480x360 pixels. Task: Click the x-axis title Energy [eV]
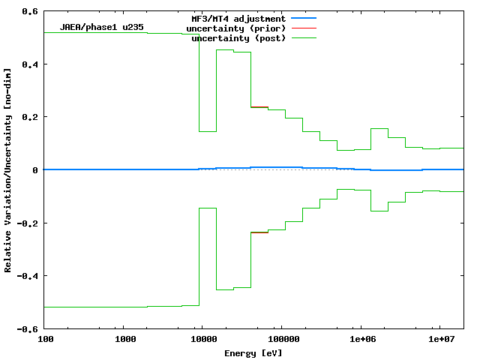coord(253,352)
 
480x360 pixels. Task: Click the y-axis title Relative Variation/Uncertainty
coord(8,170)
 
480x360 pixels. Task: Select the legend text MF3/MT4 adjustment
coord(238,18)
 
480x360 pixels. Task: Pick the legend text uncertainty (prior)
coord(235,28)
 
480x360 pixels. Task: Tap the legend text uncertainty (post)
coord(238,38)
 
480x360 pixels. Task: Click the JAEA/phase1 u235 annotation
coord(102,28)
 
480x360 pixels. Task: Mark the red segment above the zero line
coord(259,107)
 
